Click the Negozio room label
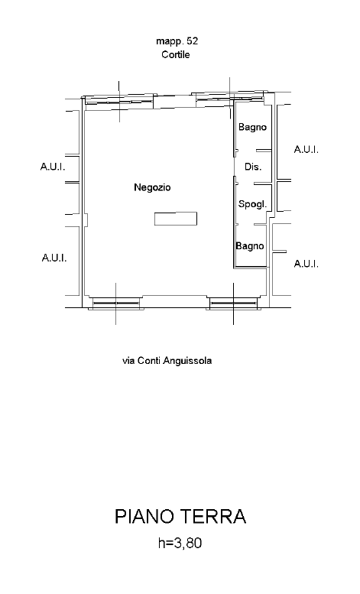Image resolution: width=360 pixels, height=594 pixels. coord(152,187)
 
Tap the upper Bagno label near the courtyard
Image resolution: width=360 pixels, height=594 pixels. coord(252,127)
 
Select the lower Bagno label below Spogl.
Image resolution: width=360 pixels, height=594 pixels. coord(250,246)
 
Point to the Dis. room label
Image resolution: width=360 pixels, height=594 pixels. coord(253,167)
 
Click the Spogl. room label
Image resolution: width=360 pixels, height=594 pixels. coord(252,204)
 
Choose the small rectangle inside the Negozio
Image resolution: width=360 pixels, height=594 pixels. coord(176,219)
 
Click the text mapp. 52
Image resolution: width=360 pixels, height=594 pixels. coord(177,41)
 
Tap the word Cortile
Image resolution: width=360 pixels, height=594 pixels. coord(176,54)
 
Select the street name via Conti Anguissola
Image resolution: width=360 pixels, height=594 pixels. coord(167,361)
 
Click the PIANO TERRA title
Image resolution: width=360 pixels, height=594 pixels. coord(180,516)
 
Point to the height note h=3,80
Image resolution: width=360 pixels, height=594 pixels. coord(180,544)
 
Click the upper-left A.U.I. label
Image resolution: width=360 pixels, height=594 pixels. coord(53,167)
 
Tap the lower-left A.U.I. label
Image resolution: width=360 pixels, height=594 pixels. coord(54,258)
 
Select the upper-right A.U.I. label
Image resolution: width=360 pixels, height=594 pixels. coord(306,149)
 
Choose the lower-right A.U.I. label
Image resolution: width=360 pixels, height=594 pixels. coord(306,264)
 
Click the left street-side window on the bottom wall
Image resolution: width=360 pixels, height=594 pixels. coord(116,303)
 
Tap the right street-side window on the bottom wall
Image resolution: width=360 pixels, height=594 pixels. coord(234,303)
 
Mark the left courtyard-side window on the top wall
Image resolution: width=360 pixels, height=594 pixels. coord(119,101)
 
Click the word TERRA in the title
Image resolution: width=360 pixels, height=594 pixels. coord(212,516)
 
